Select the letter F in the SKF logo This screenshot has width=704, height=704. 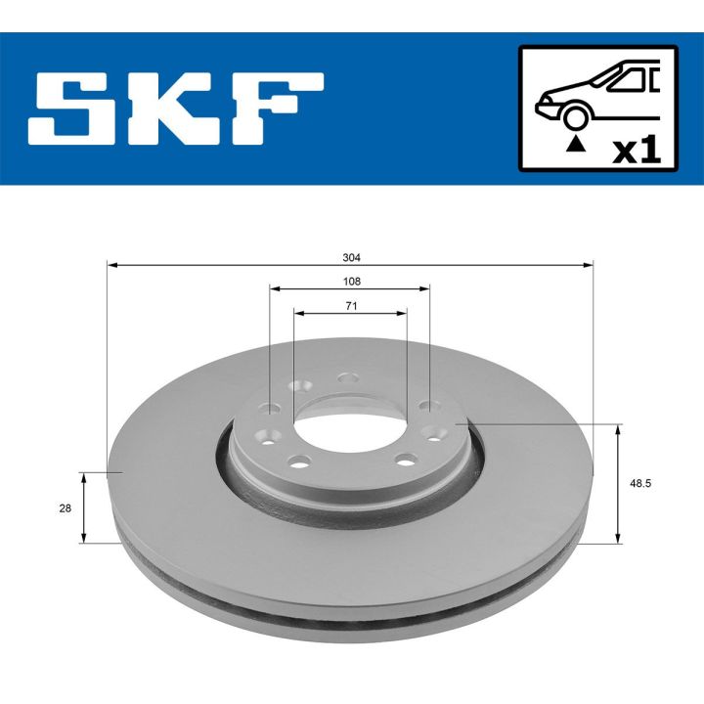point(275,109)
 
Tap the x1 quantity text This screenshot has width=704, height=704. point(637,150)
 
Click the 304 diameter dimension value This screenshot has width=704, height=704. point(351,258)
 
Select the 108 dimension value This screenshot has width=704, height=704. point(351,282)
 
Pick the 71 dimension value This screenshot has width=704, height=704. point(351,306)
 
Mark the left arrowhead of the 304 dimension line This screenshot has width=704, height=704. point(111,265)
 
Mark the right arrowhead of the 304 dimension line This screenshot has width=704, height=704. point(590,265)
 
